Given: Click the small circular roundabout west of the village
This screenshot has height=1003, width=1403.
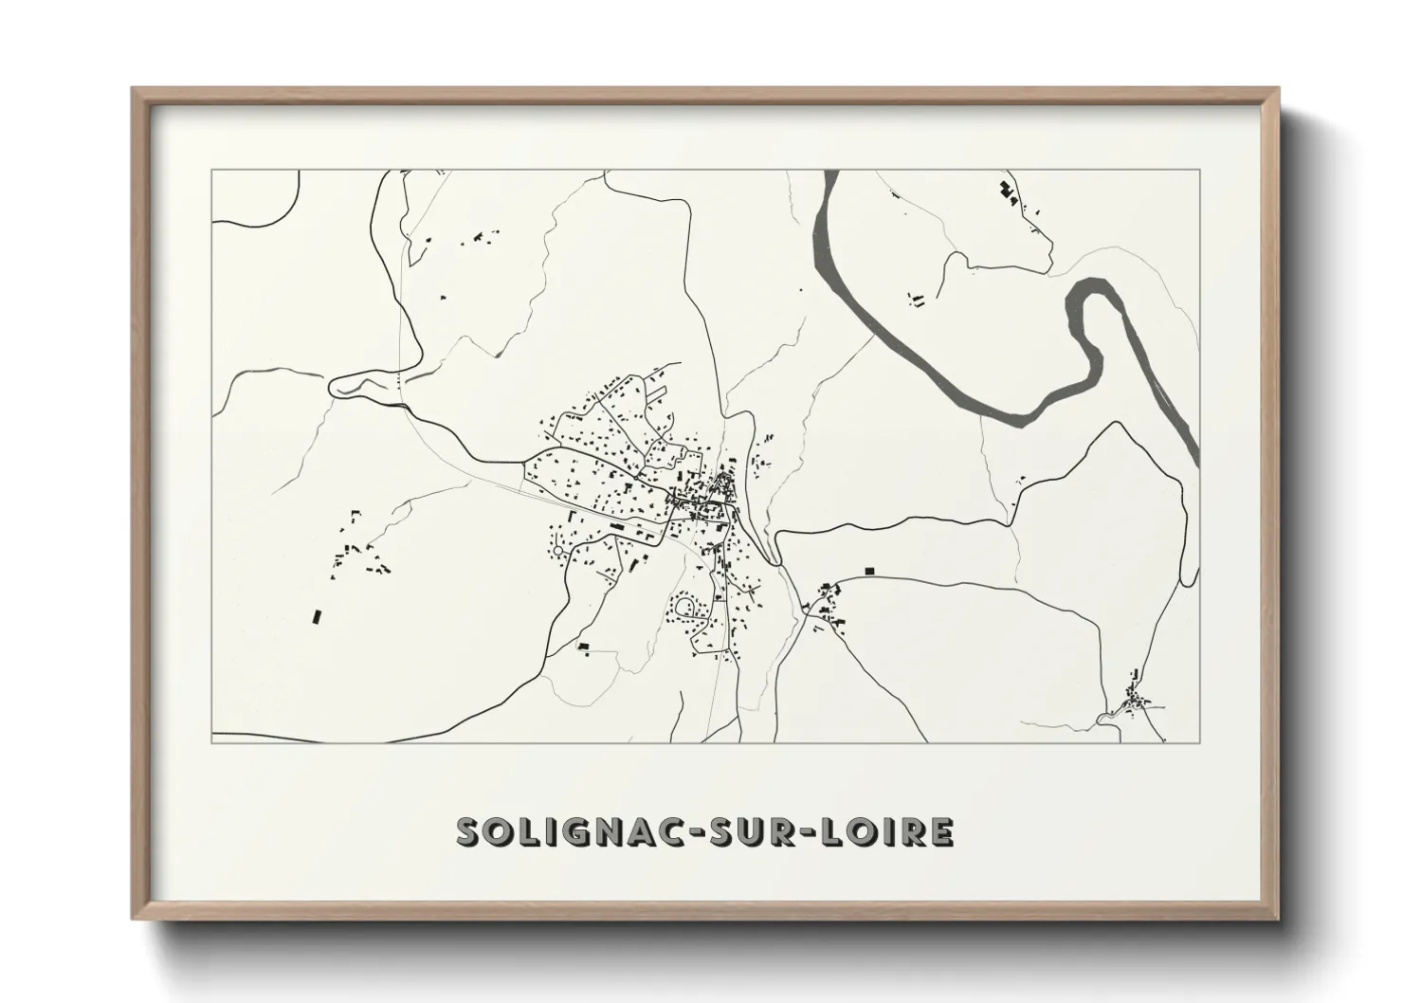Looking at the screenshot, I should tap(558, 551).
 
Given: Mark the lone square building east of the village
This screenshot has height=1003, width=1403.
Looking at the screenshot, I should tap(867, 571).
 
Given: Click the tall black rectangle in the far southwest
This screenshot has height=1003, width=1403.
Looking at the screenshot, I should tap(318, 617).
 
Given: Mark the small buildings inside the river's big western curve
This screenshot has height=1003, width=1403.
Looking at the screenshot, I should tap(918, 301).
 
